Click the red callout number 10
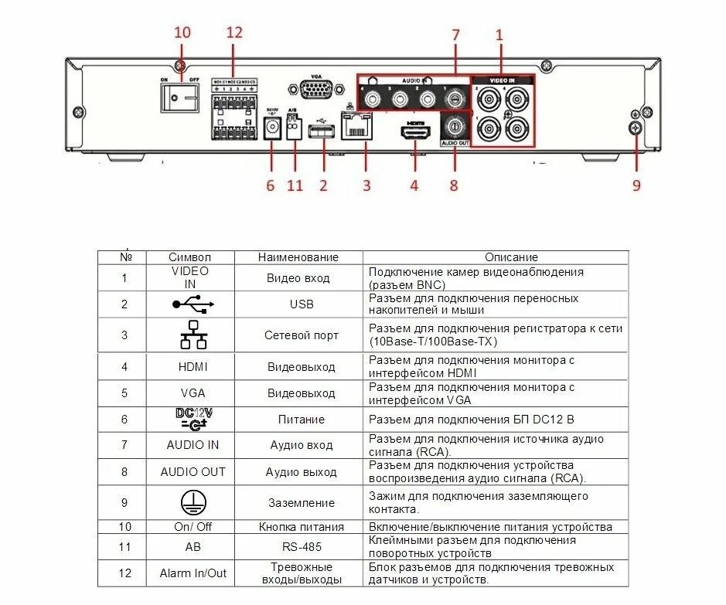tap(182, 32)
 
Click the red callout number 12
tap(234, 32)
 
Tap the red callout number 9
tap(636, 185)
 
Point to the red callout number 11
tap(295, 185)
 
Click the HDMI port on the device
tap(415, 132)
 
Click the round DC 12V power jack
tap(272, 130)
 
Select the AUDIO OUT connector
tap(455, 126)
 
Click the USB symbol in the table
tap(193, 304)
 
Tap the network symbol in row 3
tap(193, 335)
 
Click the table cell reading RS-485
tap(302, 547)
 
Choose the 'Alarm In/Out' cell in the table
tap(193, 573)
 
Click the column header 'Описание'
tap(511, 257)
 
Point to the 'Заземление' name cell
tap(302, 502)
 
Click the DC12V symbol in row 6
tap(193, 420)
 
